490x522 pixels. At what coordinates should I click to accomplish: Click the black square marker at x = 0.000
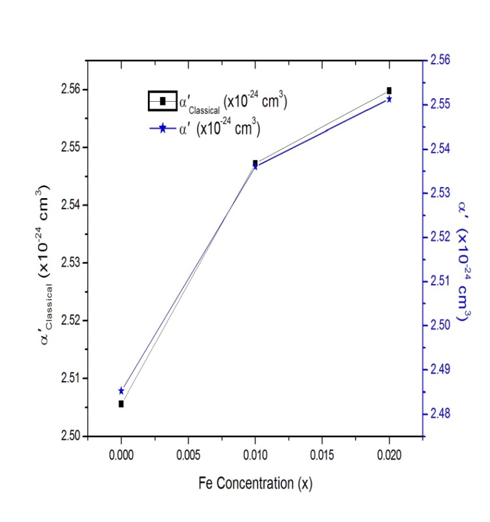coord(121,404)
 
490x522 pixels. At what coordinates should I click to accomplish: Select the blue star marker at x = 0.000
coord(121,391)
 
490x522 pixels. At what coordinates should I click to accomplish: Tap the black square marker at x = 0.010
coord(255,163)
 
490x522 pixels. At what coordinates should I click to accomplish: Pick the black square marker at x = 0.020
coord(389,90)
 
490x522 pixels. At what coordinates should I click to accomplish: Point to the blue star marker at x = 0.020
coord(389,99)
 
